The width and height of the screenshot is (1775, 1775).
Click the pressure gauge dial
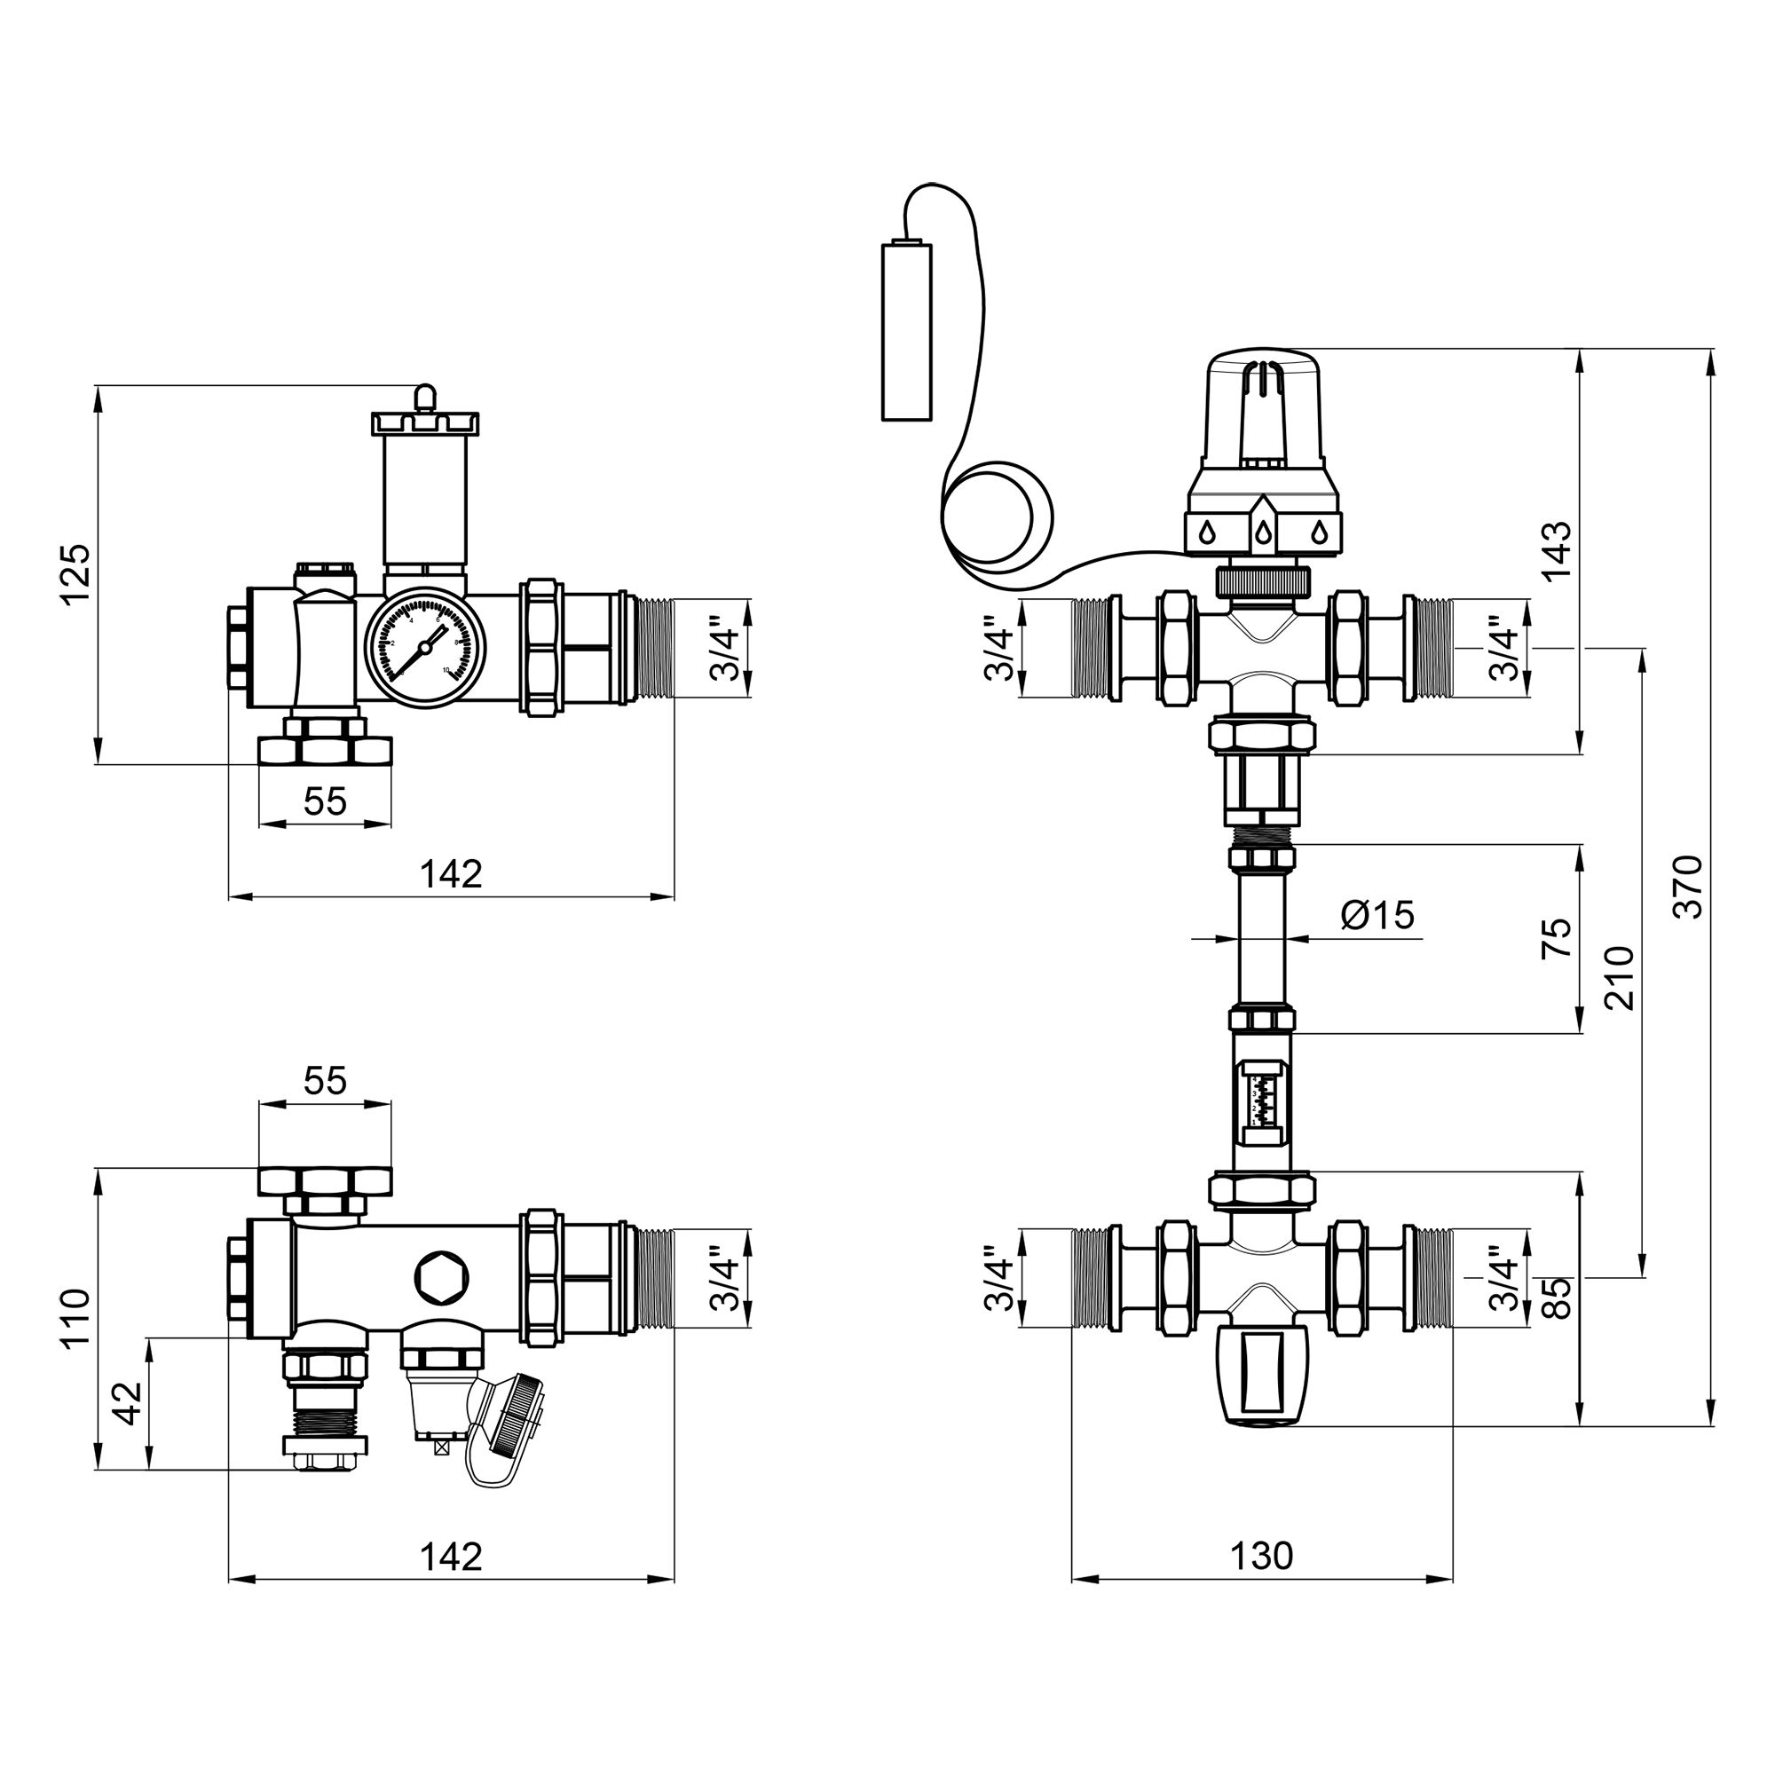tap(425, 651)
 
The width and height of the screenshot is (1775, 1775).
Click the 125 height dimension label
tap(76, 573)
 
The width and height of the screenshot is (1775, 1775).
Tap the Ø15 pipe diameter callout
tap(1377, 914)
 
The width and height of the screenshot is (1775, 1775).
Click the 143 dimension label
tap(1557, 550)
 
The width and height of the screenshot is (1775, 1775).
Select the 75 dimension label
tap(1557, 938)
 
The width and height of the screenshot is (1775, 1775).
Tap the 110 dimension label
tap(76, 1317)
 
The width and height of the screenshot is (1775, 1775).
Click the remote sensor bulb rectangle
tap(907, 332)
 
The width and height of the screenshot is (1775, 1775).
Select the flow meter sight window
tap(1263, 1102)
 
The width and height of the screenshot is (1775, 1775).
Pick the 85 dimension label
tap(1557, 1298)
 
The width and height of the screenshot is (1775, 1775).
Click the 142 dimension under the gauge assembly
tap(451, 873)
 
